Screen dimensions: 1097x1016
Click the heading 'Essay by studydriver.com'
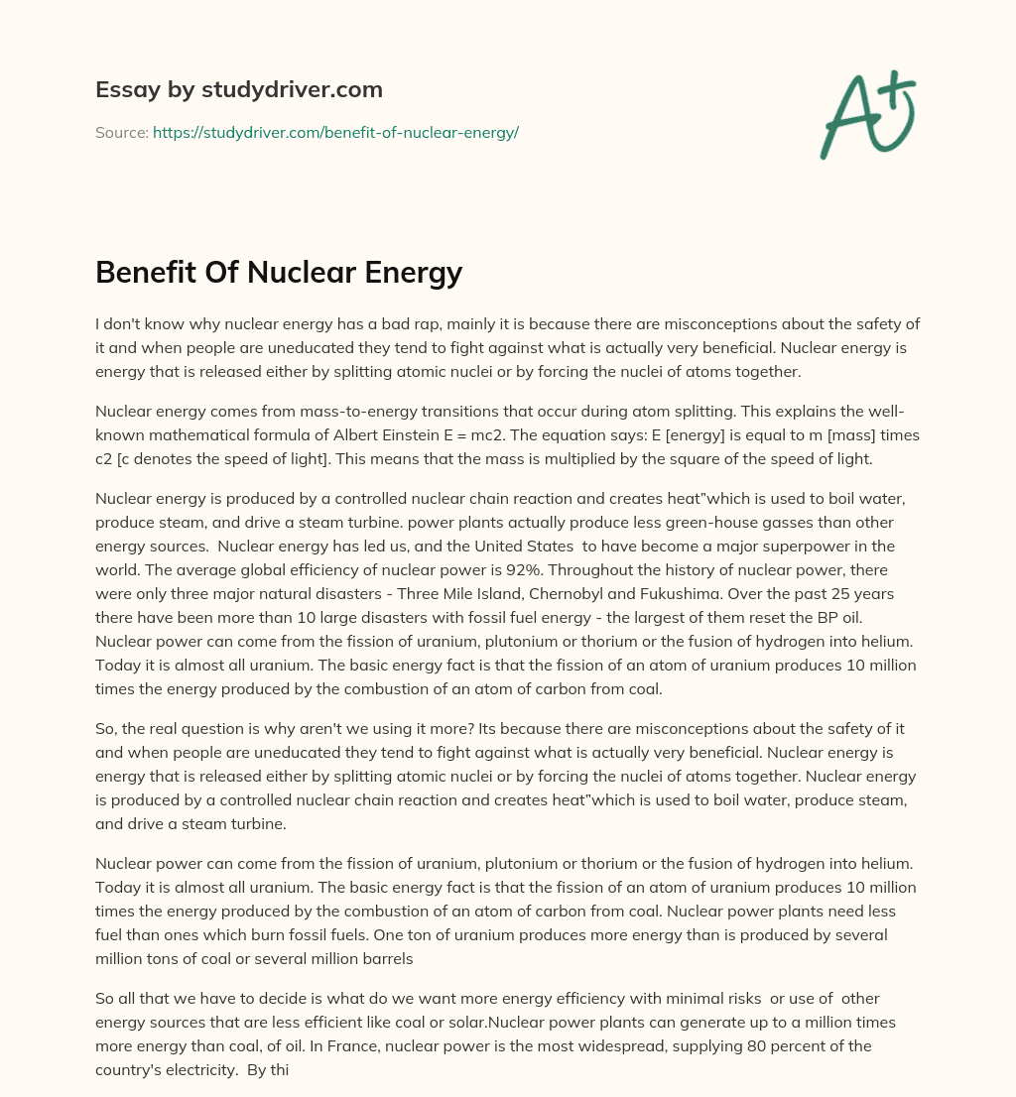click(238, 89)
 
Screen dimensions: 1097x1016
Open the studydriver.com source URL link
click(335, 132)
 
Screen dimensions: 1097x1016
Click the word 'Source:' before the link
click(121, 132)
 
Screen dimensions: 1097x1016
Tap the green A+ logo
click(867, 114)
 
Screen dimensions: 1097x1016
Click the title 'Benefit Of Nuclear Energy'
click(279, 271)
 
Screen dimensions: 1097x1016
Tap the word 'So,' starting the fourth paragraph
click(107, 728)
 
